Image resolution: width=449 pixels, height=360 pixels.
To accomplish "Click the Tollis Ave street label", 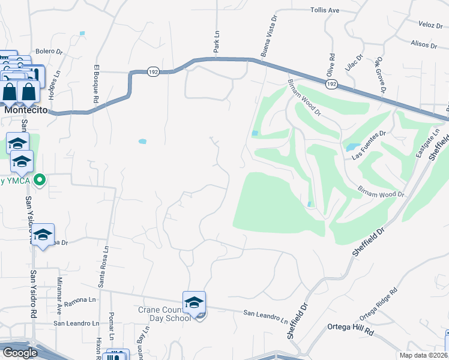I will [x=325, y=10].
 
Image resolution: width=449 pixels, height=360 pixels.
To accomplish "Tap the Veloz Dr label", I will [x=430, y=25].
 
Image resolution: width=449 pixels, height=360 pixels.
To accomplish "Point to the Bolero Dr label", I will [x=49, y=52].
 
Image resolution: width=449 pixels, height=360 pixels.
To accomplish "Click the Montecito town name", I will [x=26, y=110].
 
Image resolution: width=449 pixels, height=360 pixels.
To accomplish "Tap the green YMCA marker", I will [x=40, y=179].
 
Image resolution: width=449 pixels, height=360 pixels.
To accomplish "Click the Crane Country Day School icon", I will [x=194, y=303].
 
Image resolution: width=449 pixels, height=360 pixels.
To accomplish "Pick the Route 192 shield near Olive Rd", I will [x=331, y=84].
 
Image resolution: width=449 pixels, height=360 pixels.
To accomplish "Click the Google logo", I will [x=20, y=352].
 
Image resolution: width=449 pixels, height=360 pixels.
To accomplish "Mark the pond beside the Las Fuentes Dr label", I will [x=351, y=146].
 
